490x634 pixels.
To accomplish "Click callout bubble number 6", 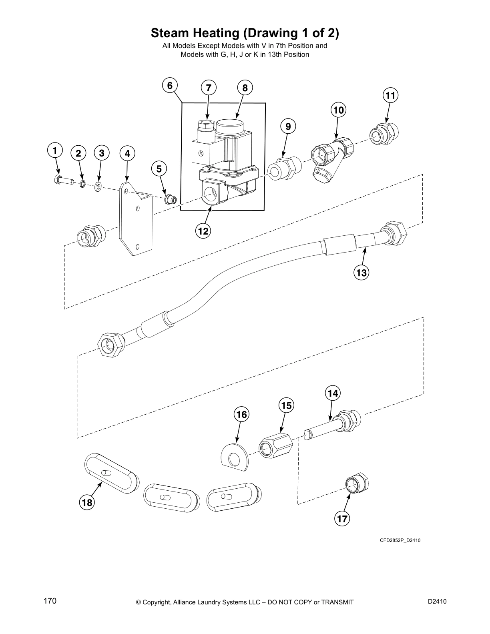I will (x=170, y=85).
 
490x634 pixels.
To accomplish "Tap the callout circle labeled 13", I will (x=361, y=273).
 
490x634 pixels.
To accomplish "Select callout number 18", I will (x=87, y=502).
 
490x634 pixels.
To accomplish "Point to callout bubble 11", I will (x=391, y=95).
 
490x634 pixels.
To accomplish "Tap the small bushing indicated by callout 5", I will (x=171, y=198).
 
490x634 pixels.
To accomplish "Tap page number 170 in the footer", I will (x=50, y=601).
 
